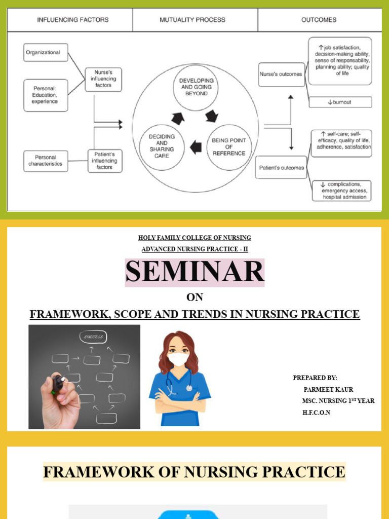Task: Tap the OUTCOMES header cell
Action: click(319, 20)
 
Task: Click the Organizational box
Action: click(46, 52)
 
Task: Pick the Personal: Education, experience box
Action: click(46, 95)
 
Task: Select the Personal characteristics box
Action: click(46, 161)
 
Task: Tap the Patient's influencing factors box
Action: click(105, 161)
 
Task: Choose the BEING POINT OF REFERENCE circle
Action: click(229, 147)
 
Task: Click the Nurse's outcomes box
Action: click(280, 74)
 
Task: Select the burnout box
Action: click(340, 102)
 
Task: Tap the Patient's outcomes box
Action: click(282, 168)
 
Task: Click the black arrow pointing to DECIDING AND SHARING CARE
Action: click(196, 147)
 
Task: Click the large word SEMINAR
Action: click(195, 272)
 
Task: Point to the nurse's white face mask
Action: click(178, 359)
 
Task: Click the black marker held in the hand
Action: click(58, 384)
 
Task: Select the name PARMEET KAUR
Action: click(328, 389)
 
